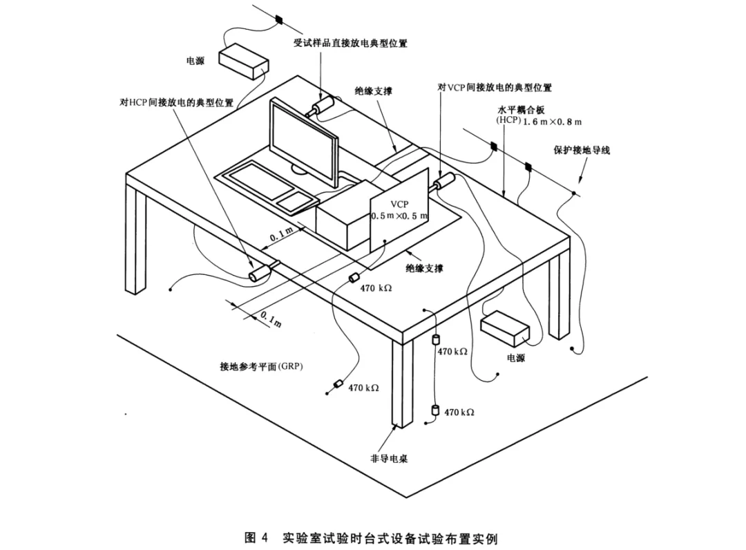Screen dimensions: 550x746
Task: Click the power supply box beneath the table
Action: point(505,329)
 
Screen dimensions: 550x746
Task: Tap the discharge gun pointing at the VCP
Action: point(443,182)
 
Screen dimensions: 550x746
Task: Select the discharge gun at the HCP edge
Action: point(262,271)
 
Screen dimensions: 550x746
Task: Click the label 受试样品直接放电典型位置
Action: point(350,44)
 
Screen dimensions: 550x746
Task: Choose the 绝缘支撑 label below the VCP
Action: point(423,267)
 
